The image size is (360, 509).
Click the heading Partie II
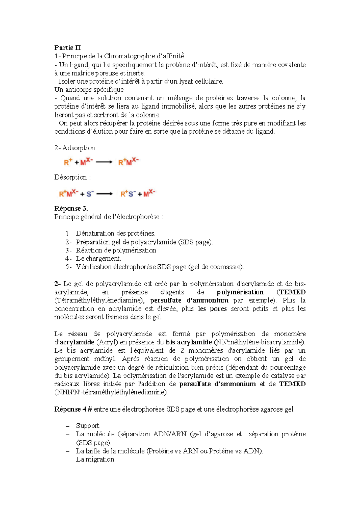(x=67, y=48)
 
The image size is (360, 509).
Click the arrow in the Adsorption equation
(x=104, y=162)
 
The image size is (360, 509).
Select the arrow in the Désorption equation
(x=104, y=194)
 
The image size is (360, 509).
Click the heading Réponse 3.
(x=71, y=208)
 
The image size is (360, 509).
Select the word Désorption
(x=70, y=177)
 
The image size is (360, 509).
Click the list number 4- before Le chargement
(x=68, y=258)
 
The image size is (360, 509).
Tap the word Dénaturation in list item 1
(x=94, y=233)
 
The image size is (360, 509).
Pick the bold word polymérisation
(x=240, y=292)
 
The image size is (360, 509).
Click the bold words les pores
(x=212, y=309)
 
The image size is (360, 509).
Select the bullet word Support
(x=88, y=426)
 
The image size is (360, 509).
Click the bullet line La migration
(x=95, y=459)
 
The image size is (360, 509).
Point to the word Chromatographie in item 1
(x=129, y=56)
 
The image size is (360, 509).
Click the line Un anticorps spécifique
(x=89, y=90)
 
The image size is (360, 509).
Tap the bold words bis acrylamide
(x=189, y=342)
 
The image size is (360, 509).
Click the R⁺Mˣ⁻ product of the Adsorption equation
(x=128, y=162)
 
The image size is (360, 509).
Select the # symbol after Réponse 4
(x=90, y=409)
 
